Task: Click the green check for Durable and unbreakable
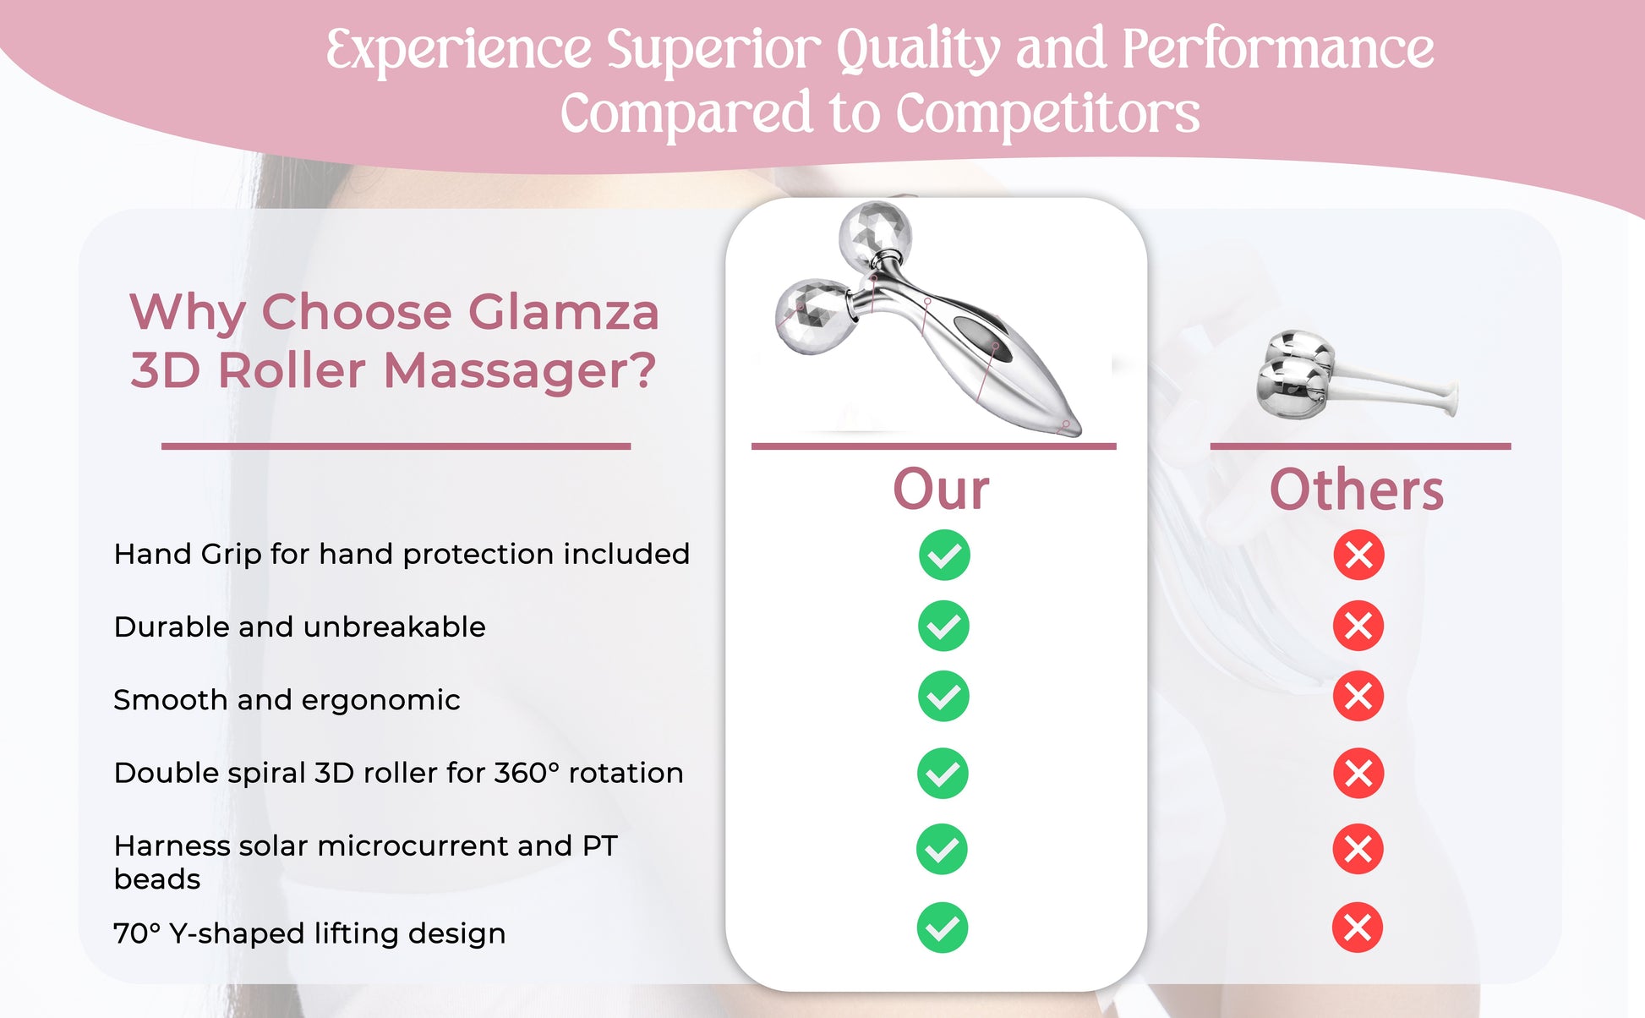click(943, 626)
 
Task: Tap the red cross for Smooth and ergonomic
click(1358, 696)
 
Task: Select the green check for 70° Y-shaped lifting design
click(943, 928)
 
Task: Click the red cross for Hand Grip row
click(1359, 555)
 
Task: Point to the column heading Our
click(942, 490)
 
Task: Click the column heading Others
click(1357, 490)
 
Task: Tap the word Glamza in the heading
click(563, 312)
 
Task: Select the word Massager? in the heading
click(520, 371)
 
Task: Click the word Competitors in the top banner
click(1047, 114)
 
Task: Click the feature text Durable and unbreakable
click(299, 627)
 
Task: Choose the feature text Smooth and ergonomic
click(287, 700)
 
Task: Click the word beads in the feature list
click(157, 879)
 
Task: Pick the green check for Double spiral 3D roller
click(943, 773)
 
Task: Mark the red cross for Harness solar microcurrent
click(1358, 848)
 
